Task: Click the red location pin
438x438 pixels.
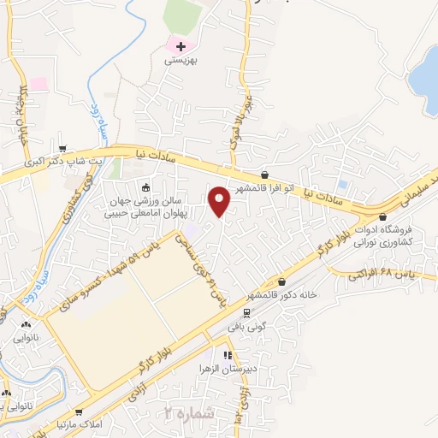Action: pyautogui.click(x=221, y=201)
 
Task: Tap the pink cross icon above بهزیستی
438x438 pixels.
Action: pyautogui.click(x=180, y=45)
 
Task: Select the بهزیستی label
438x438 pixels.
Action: pyautogui.click(x=180, y=61)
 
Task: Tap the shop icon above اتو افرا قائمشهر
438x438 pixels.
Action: pyautogui.click(x=264, y=175)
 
